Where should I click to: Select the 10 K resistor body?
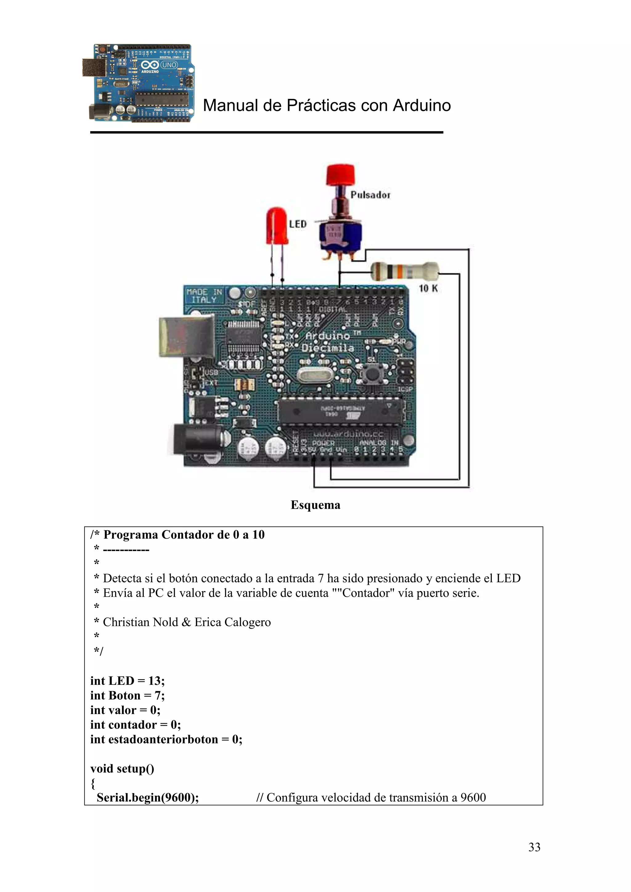[404, 271]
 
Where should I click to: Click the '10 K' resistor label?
[428, 288]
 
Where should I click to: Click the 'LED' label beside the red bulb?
[298, 224]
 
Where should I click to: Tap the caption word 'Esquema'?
[315, 505]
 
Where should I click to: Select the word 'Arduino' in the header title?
[421, 106]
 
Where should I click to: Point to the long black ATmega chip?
[340, 412]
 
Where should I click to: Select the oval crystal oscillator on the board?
[315, 375]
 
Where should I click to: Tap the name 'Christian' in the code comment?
[126, 622]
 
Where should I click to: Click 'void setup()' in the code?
[122, 769]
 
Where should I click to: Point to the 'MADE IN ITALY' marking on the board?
[204, 296]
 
